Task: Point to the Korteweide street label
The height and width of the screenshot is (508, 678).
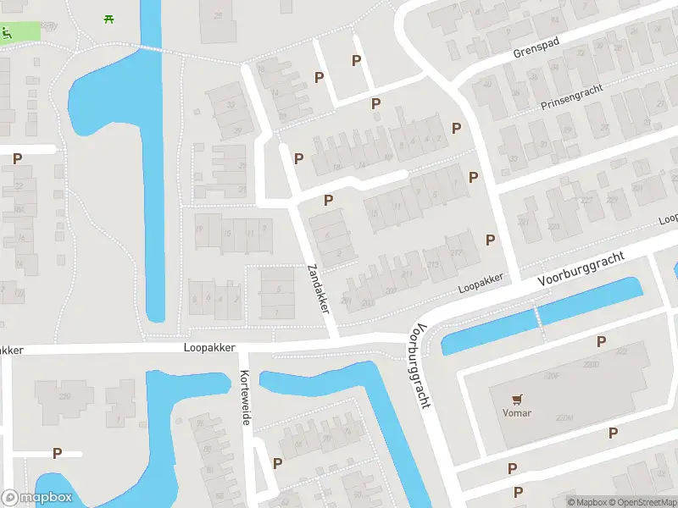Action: [x=245, y=398]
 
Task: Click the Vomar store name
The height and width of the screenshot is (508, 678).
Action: [x=516, y=412]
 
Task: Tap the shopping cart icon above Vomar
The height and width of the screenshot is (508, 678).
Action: [x=516, y=398]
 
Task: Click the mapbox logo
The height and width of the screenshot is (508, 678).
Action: [x=36, y=498]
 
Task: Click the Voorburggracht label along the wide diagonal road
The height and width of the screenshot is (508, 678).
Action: [x=581, y=268]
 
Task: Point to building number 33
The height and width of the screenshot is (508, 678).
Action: [x=231, y=106]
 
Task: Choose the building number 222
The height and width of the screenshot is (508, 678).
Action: [x=621, y=351]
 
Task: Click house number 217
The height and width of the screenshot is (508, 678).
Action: [x=458, y=252]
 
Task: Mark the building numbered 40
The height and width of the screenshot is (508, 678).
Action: [x=487, y=84]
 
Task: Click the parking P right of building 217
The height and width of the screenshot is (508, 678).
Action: [x=490, y=240]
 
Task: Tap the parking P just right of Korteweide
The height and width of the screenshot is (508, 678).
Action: [x=277, y=463]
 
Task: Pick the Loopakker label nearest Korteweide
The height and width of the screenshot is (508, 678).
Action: [x=207, y=347]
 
